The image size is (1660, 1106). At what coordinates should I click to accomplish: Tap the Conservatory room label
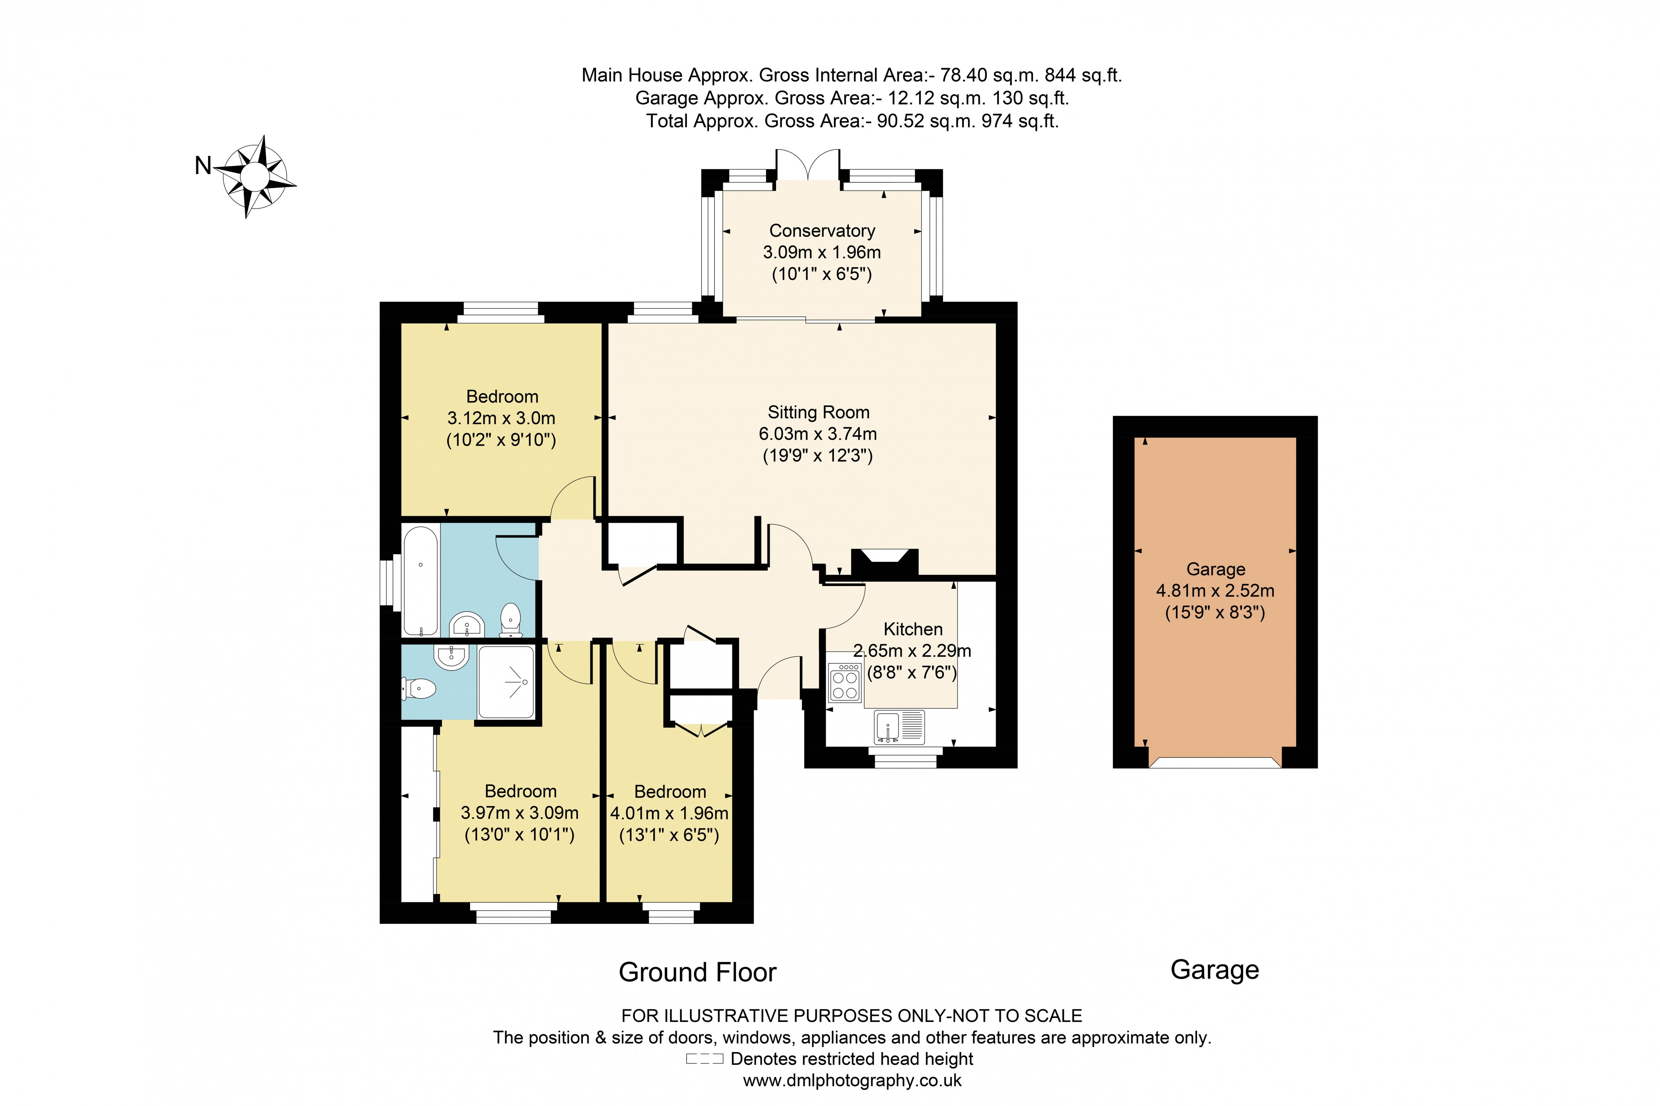click(x=821, y=231)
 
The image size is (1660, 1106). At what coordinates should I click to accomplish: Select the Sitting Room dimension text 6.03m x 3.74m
click(x=817, y=434)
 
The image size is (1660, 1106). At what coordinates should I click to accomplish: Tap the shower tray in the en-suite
click(x=506, y=682)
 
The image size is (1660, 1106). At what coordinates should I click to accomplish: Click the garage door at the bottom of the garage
click(x=1214, y=763)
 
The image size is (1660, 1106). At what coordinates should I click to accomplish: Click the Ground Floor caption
click(x=697, y=972)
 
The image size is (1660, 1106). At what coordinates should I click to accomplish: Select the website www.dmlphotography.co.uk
click(x=852, y=1080)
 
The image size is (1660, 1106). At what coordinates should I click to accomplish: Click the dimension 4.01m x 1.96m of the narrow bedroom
click(x=668, y=813)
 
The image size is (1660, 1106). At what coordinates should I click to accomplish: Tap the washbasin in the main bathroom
click(x=466, y=625)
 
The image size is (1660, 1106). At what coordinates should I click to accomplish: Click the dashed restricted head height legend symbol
click(x=704, y=1059)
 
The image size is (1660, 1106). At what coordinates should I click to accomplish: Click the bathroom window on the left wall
click(x=386, y=583)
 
